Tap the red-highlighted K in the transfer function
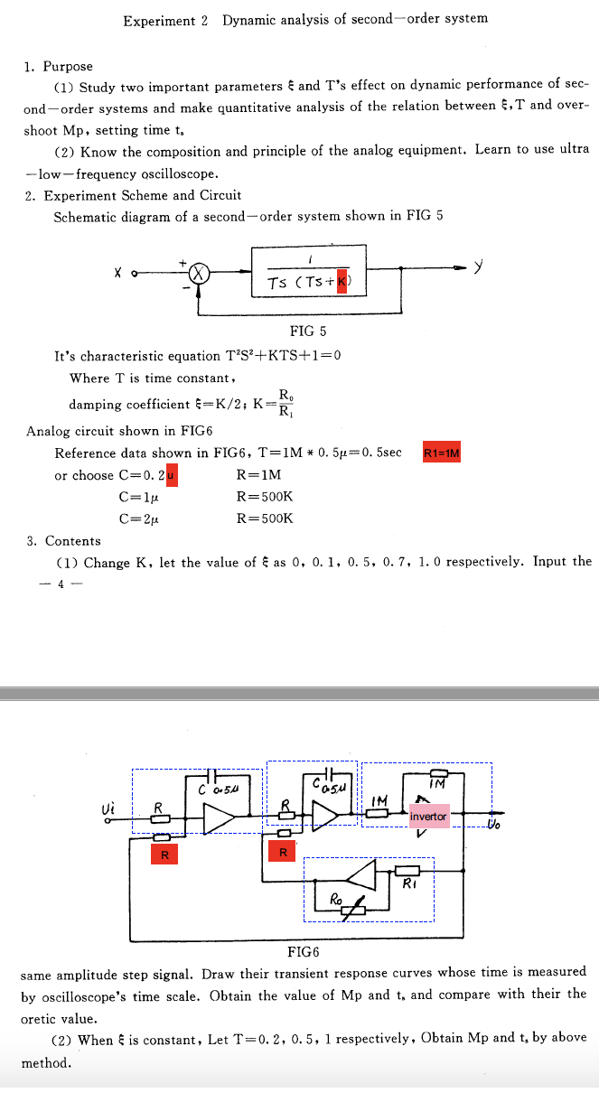[x=342, y=283]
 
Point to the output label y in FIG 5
[x=479, y=267]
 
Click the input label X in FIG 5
[x=118, y=271]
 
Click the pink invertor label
[x=428, y=817]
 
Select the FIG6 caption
[x=303, y=951]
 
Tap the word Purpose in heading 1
[x=68, y=66]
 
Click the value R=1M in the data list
[x=258, y=475]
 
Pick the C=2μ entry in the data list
[x=138, y=518]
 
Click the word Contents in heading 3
[x=73, y=541]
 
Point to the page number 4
[x=61, y=584]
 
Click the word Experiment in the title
[x=159, y=20]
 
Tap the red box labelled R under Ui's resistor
[x=164, y=854]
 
